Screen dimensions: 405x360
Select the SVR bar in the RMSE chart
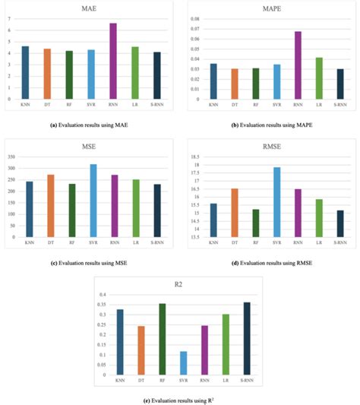click(277, 202)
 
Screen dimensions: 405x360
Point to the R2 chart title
click(185, 285)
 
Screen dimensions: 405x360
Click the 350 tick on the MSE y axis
click(11, 157)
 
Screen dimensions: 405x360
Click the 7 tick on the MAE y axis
click(8, 18)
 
